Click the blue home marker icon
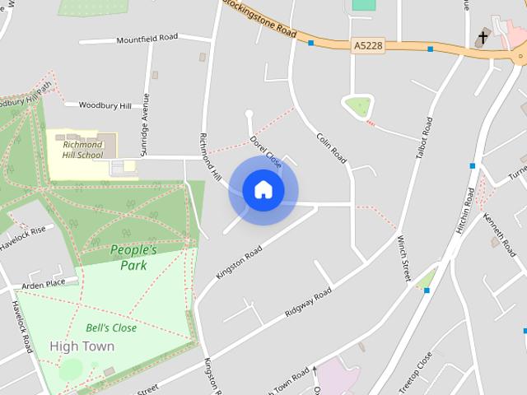click(x=263, y=190)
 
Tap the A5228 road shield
click(x=366, y=44)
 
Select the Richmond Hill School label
click(x=83, y=150)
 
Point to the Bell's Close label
click(x=111, y=328)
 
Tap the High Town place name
click(x=82, y=346)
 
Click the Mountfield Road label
click(x=147, y=39)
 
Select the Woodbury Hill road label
click(x=104, y=106)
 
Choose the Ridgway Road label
click(x=308, y=304)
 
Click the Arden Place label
click(x=44, y=285)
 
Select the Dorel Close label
click(x=266, y=152)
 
